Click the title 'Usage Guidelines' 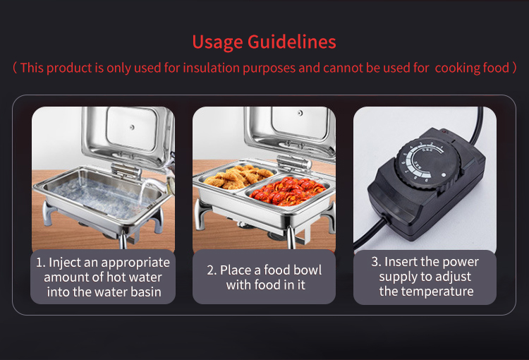(x=265, y=42)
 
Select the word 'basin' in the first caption (x=142, y=292)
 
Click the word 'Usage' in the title (x=218, y=42)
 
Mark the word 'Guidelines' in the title (x=291, y=42)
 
